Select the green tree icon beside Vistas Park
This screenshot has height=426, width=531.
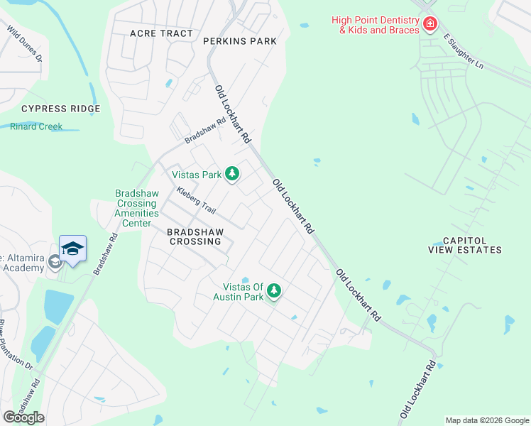coord(231,174)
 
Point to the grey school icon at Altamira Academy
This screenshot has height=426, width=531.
coord(55,263)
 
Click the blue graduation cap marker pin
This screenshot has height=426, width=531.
coord(72,248)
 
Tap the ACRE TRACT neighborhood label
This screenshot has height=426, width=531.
coord(161,33)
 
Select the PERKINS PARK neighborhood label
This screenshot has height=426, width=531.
coord(239,41)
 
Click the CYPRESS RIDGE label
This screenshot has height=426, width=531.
coord(60,109)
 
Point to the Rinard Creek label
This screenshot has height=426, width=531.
coord(36,126)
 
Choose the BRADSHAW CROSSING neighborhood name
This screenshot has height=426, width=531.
coord(195,236)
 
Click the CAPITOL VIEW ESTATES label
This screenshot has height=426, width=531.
coord(465,245)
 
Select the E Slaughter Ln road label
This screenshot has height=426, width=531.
coord(463,50)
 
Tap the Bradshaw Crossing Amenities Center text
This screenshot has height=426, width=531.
coord(133,208)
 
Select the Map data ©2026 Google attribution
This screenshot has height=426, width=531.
coord(486,420)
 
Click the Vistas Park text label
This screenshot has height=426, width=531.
coord(197,174)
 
